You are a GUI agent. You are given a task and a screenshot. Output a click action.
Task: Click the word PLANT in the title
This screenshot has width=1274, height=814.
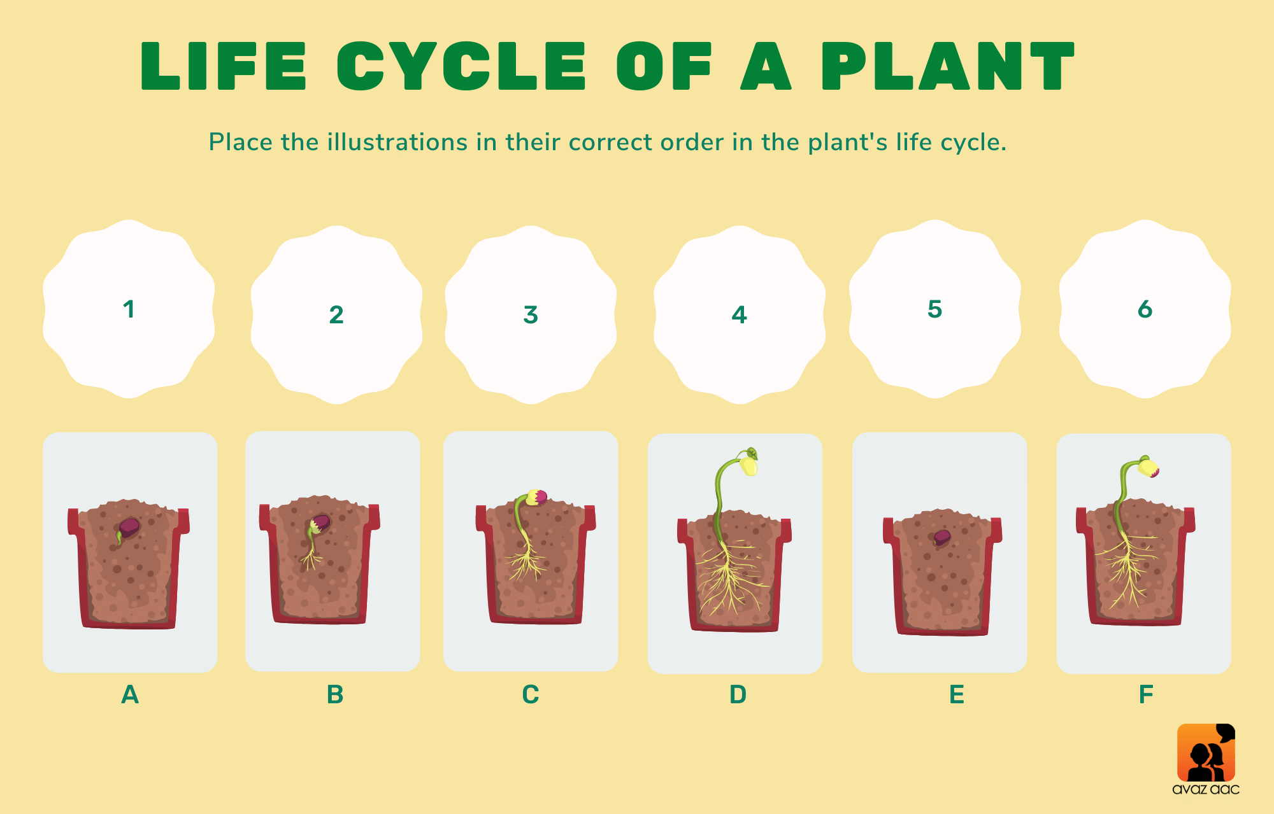click(x=948, y=66)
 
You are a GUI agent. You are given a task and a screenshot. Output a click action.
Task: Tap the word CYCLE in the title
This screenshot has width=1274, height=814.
click(x=461, y=66)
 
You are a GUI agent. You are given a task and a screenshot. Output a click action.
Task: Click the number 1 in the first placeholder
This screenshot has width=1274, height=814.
click(x=129, y=309)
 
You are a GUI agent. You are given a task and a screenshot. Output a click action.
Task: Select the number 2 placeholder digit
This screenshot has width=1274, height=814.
click(x=336, y=314)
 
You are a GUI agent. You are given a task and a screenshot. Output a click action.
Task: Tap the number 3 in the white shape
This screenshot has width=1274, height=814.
click(x=531, y=314)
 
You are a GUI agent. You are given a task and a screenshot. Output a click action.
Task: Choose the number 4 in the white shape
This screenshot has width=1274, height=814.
click(x=739, y=314)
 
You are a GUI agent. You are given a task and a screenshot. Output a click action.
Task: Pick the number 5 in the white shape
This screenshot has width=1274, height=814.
click(x=934, y=309)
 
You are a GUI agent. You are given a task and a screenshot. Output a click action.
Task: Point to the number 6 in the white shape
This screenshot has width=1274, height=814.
click(x=1145, y=309)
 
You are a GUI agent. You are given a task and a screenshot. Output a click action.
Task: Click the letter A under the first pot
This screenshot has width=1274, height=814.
click(x=130, y=694)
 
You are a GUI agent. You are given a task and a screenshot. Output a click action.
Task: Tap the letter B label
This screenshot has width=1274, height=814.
click(x=335, y=694)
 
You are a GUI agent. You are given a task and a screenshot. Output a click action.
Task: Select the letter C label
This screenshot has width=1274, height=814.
click(x=531, y=694)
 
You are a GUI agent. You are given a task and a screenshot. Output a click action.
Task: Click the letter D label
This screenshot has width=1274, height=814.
click(x=738, y=694)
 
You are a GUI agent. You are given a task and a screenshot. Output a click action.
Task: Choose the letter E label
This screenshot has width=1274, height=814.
click(x=957, y=694)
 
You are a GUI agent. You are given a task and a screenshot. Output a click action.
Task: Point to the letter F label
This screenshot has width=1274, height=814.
click(x=1146, y=694)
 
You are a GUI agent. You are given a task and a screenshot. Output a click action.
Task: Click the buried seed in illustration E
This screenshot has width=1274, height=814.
click(x=942, y=537)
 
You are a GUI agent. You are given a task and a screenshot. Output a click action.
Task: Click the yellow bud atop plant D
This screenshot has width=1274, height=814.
click(x=749, y=465)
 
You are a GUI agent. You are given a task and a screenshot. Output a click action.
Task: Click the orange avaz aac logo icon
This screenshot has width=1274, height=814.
click(x=1206, y=752)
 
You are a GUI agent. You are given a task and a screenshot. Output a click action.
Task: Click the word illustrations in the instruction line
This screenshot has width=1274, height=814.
click(x=397, y=142)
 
